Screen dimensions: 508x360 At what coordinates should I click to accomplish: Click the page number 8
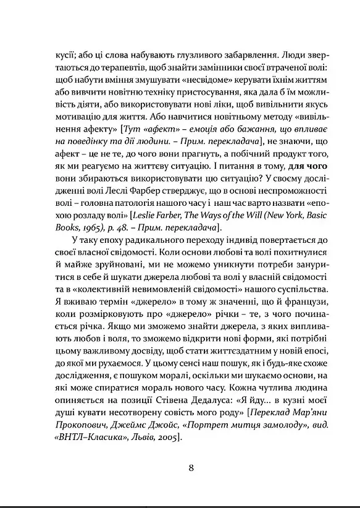192,467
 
